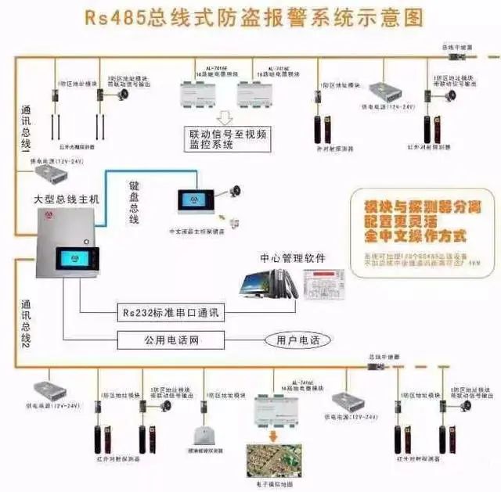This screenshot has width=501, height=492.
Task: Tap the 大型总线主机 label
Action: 67,199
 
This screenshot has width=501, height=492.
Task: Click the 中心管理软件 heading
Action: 293,257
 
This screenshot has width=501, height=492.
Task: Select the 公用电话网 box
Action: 171,340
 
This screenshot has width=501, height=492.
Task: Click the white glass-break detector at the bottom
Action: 203,435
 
